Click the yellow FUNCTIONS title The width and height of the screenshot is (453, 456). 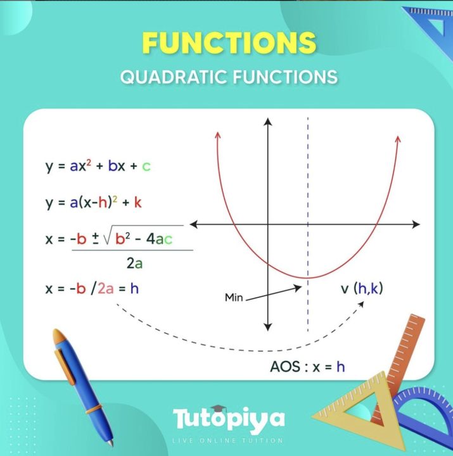(x=229, y=42)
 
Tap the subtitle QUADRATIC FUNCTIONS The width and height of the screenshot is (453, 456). (x=229, y=77)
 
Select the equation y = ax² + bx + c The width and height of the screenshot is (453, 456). (x=98, y=167)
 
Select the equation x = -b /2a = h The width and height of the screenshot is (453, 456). (x=92, y=289)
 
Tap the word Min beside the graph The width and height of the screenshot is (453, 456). (x=234, y=296)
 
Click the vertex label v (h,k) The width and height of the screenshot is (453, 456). (x=362, y=289)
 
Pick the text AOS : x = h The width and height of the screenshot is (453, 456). (x=307, y=366)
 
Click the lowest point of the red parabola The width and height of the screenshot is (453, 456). (x=308, y=277)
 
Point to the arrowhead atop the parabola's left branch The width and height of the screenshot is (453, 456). (x=217, y=134)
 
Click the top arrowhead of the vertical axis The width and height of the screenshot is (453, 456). (x=268, y=122)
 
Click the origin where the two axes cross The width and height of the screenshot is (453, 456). (x=268, y=224)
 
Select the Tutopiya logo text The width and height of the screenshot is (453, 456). (x=229, y=419)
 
